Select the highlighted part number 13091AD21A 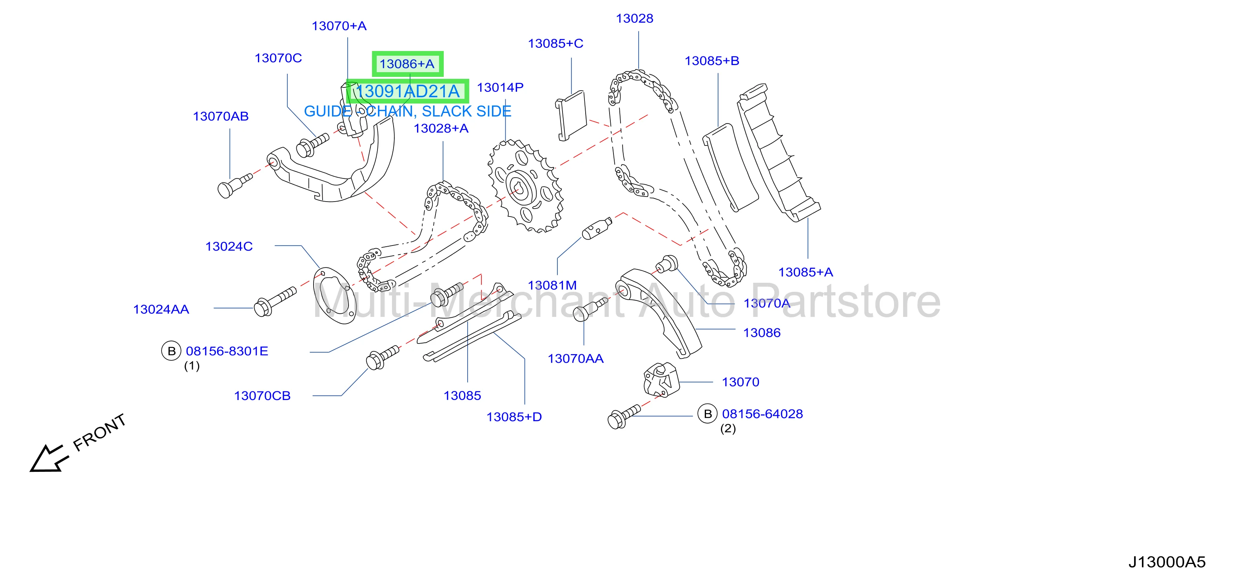coord(408,91)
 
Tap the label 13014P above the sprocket coord(500,88)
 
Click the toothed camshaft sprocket coord(526,186)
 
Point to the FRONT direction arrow coord(46,458)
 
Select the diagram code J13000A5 coord(1167,562)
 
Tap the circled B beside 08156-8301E coord(171,351)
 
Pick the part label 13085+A coord(806,272)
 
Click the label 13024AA coord(161,309)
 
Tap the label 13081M coord(552,286)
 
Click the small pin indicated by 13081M coord(596,228)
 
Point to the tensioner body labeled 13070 coord(661,380)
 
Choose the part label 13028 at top coord(634,18)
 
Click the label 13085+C coord(555,44)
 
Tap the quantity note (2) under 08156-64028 coord(728,429)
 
